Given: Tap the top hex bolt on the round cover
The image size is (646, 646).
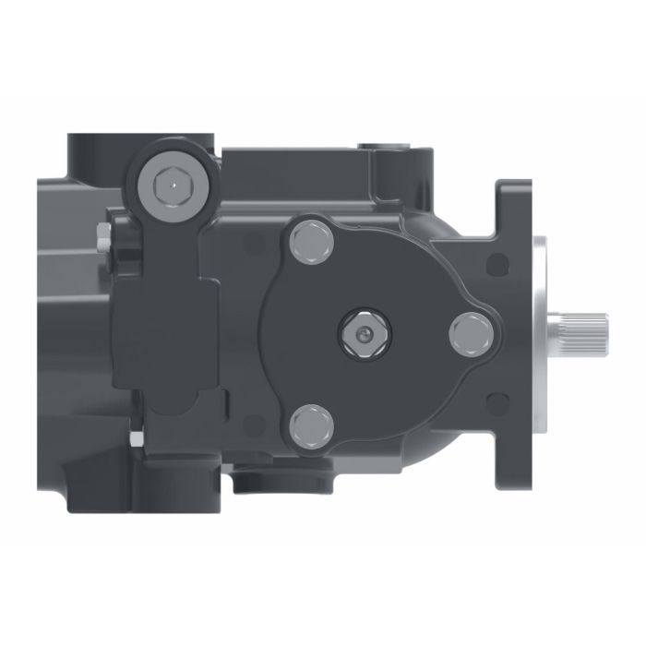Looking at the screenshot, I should coord(308,243).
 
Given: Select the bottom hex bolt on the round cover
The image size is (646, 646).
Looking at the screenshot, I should coord(309,425).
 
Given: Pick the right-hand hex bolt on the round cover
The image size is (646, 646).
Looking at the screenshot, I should coord(469,333).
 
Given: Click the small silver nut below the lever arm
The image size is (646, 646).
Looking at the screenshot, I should coord(137,439).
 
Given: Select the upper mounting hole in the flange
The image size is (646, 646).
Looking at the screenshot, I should coord(499,266).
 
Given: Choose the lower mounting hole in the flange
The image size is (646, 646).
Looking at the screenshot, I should coord(499,401).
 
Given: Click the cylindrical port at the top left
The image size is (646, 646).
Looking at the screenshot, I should coord(102,152).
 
